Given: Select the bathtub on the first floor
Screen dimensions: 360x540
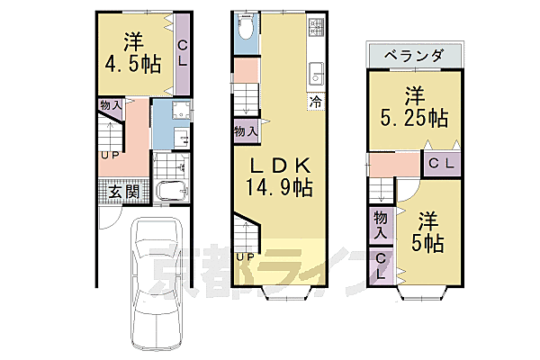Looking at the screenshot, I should point(170,192).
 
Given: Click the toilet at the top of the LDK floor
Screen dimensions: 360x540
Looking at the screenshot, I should point(246,31).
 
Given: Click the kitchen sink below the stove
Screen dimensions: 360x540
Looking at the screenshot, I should point(316,73).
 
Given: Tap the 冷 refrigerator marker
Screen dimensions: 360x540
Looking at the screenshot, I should point(316,103).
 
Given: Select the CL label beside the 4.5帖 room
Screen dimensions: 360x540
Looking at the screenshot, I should point(182,53).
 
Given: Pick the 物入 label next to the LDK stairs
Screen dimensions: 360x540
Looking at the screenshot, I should point(245,131).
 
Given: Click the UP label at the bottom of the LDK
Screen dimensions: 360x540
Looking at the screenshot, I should point(244,256).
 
